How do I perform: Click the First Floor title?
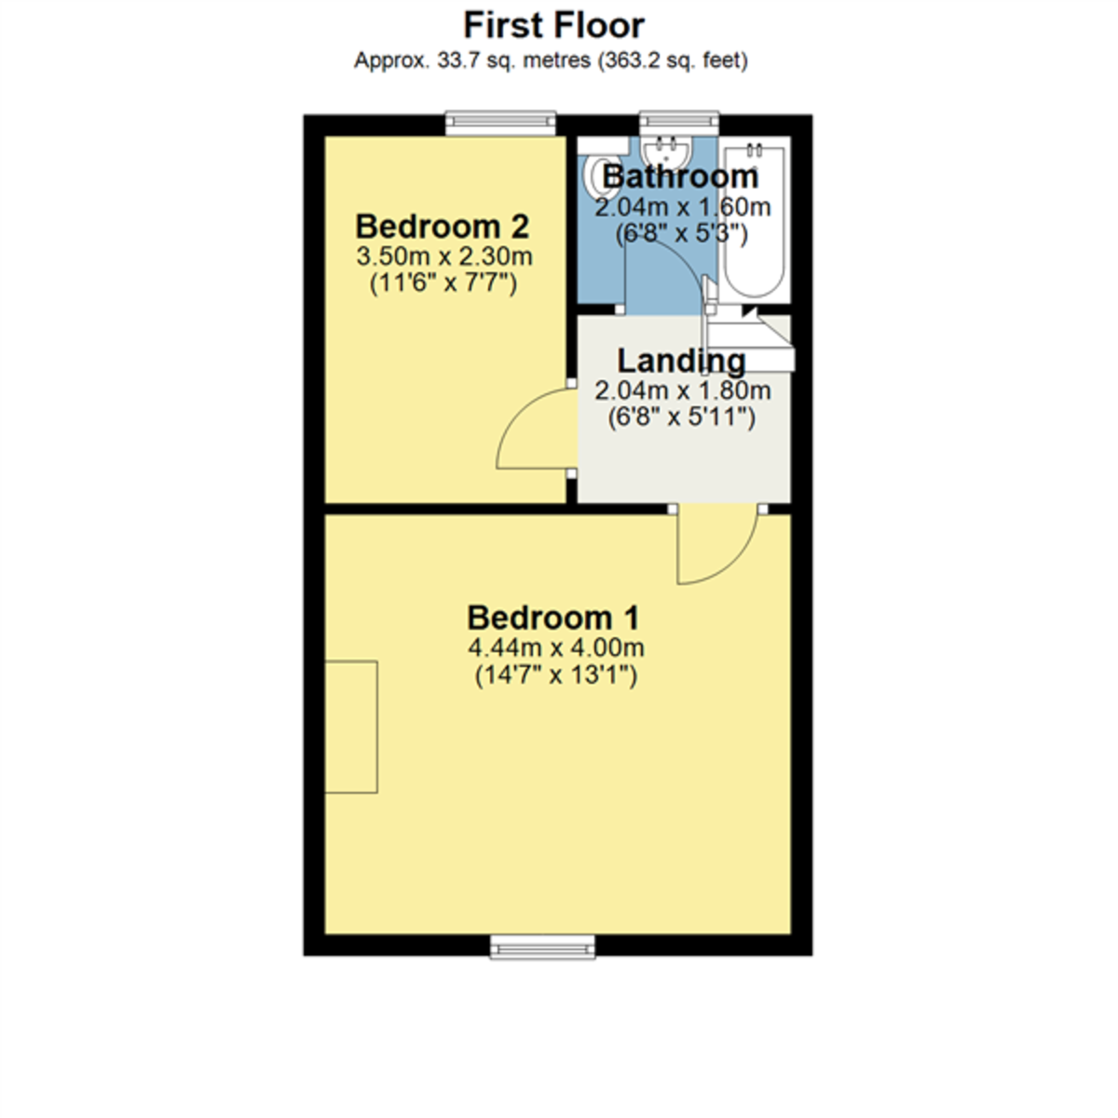(553, 25)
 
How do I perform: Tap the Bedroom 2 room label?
(443, 226)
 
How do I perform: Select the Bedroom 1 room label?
(553, 618)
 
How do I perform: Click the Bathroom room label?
(681, 176)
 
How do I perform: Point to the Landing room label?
(681, 361)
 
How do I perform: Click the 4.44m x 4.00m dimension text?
(555, 648)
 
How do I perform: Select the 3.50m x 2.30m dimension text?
(444, 256)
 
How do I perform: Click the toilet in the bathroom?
(593, 176)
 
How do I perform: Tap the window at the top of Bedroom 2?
(500, 122)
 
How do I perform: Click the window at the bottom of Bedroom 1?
(542, 947)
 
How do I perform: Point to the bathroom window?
(679, 122)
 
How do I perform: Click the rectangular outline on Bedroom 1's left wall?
(351, 727)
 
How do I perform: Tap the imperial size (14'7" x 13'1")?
(555, 675)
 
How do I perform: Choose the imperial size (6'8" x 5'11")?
(681, 417)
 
